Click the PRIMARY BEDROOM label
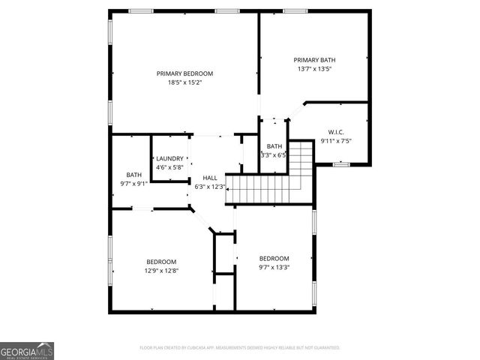[184, 73]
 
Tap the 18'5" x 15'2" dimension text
[184, 82]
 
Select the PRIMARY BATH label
[313, 60]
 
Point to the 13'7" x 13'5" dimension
[313, 69]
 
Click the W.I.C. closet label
[335, 132]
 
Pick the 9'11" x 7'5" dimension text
[335, 141]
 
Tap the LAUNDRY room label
[169, 158]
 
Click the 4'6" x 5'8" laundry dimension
[169, 166]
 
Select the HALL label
[210, 178]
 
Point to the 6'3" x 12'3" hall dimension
[210, 186]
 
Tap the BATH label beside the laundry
[133, 175]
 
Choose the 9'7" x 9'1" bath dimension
[133, 184]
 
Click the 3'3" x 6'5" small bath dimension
[274, 154]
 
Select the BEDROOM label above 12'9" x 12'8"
[161, 262]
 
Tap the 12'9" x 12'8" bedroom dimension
[161, 271]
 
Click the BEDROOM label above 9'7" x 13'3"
[274, 257]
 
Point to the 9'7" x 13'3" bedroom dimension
[274, 266]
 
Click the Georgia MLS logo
[27, 350]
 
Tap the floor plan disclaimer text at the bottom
[240, 348]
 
